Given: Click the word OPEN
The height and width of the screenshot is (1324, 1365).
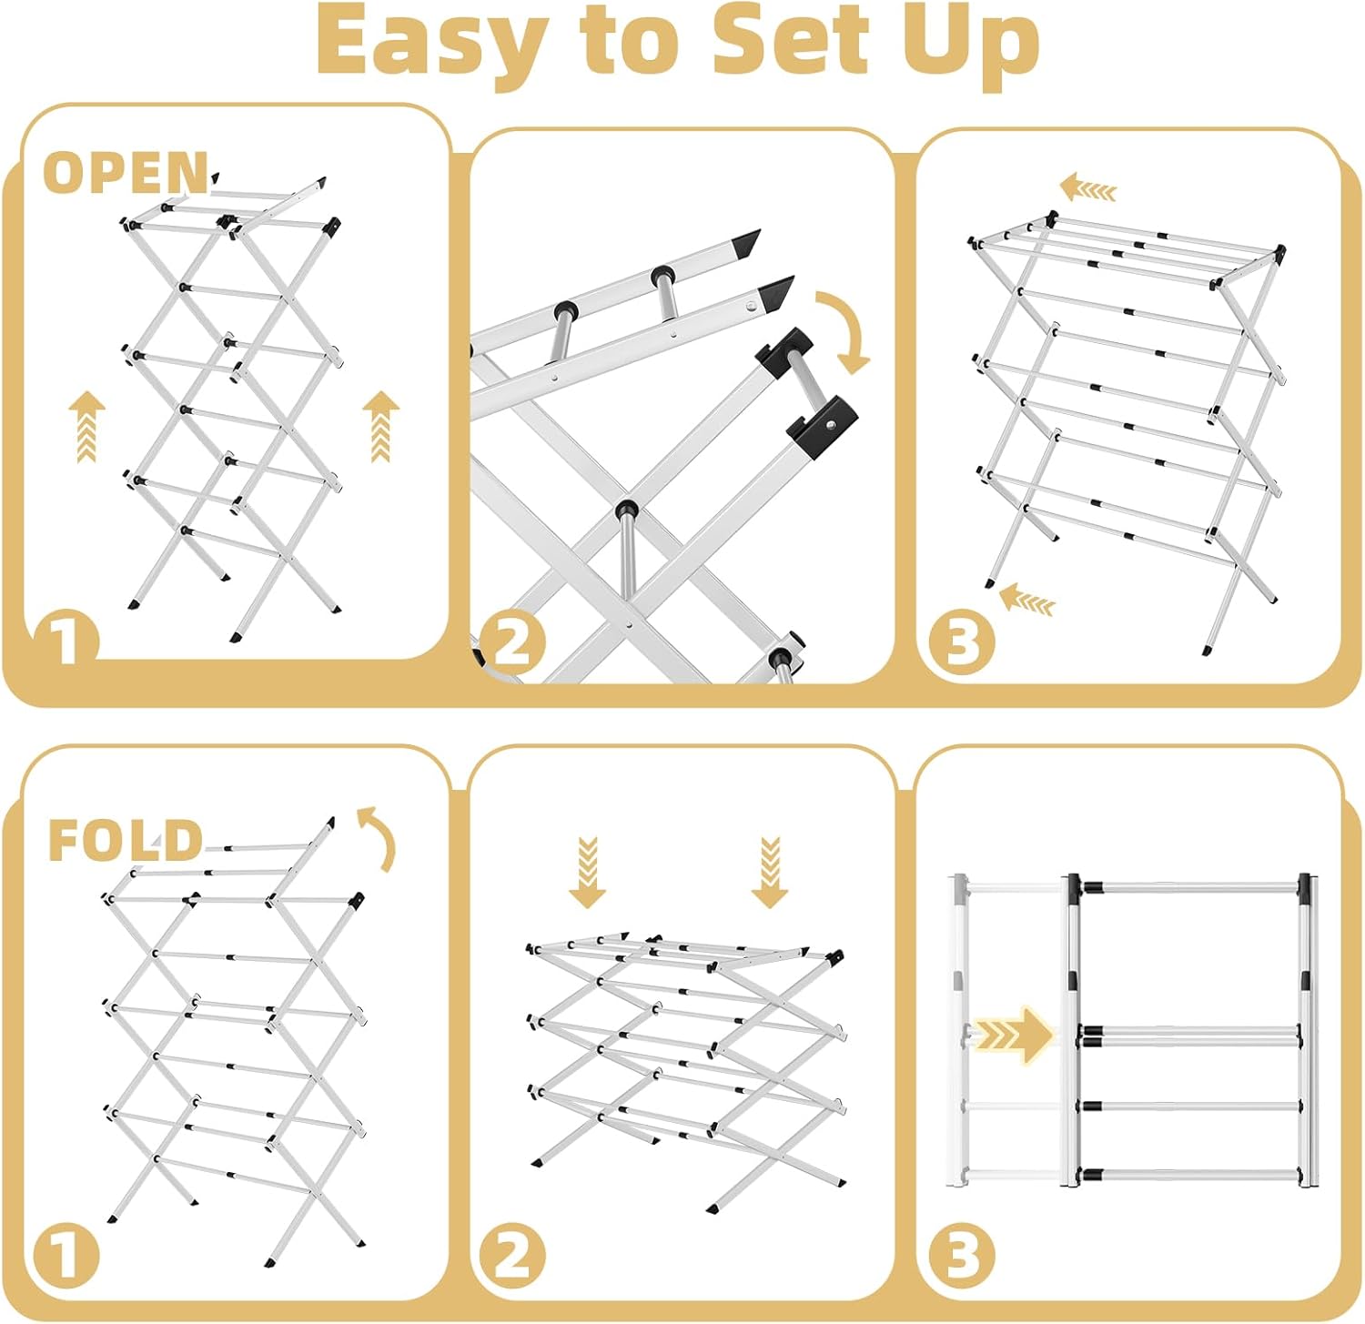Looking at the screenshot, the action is tap(126, 173).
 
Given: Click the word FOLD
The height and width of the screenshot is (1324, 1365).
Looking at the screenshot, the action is tap(125, 840).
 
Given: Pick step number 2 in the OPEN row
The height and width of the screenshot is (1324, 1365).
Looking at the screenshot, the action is tap(512, 644).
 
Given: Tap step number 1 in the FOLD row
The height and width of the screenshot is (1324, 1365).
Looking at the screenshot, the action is tap(66, 1258).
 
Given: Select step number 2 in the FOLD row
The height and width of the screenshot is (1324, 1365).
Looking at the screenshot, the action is tap(512, 1258).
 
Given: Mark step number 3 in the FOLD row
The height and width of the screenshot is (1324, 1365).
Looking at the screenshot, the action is tap(962, 1258).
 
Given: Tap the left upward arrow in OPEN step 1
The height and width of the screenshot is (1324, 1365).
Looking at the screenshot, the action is tap(86, 426).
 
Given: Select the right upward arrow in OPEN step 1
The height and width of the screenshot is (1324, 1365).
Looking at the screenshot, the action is tap(380, 426).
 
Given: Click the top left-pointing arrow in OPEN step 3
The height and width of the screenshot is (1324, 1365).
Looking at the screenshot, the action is tap(1087, 188).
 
